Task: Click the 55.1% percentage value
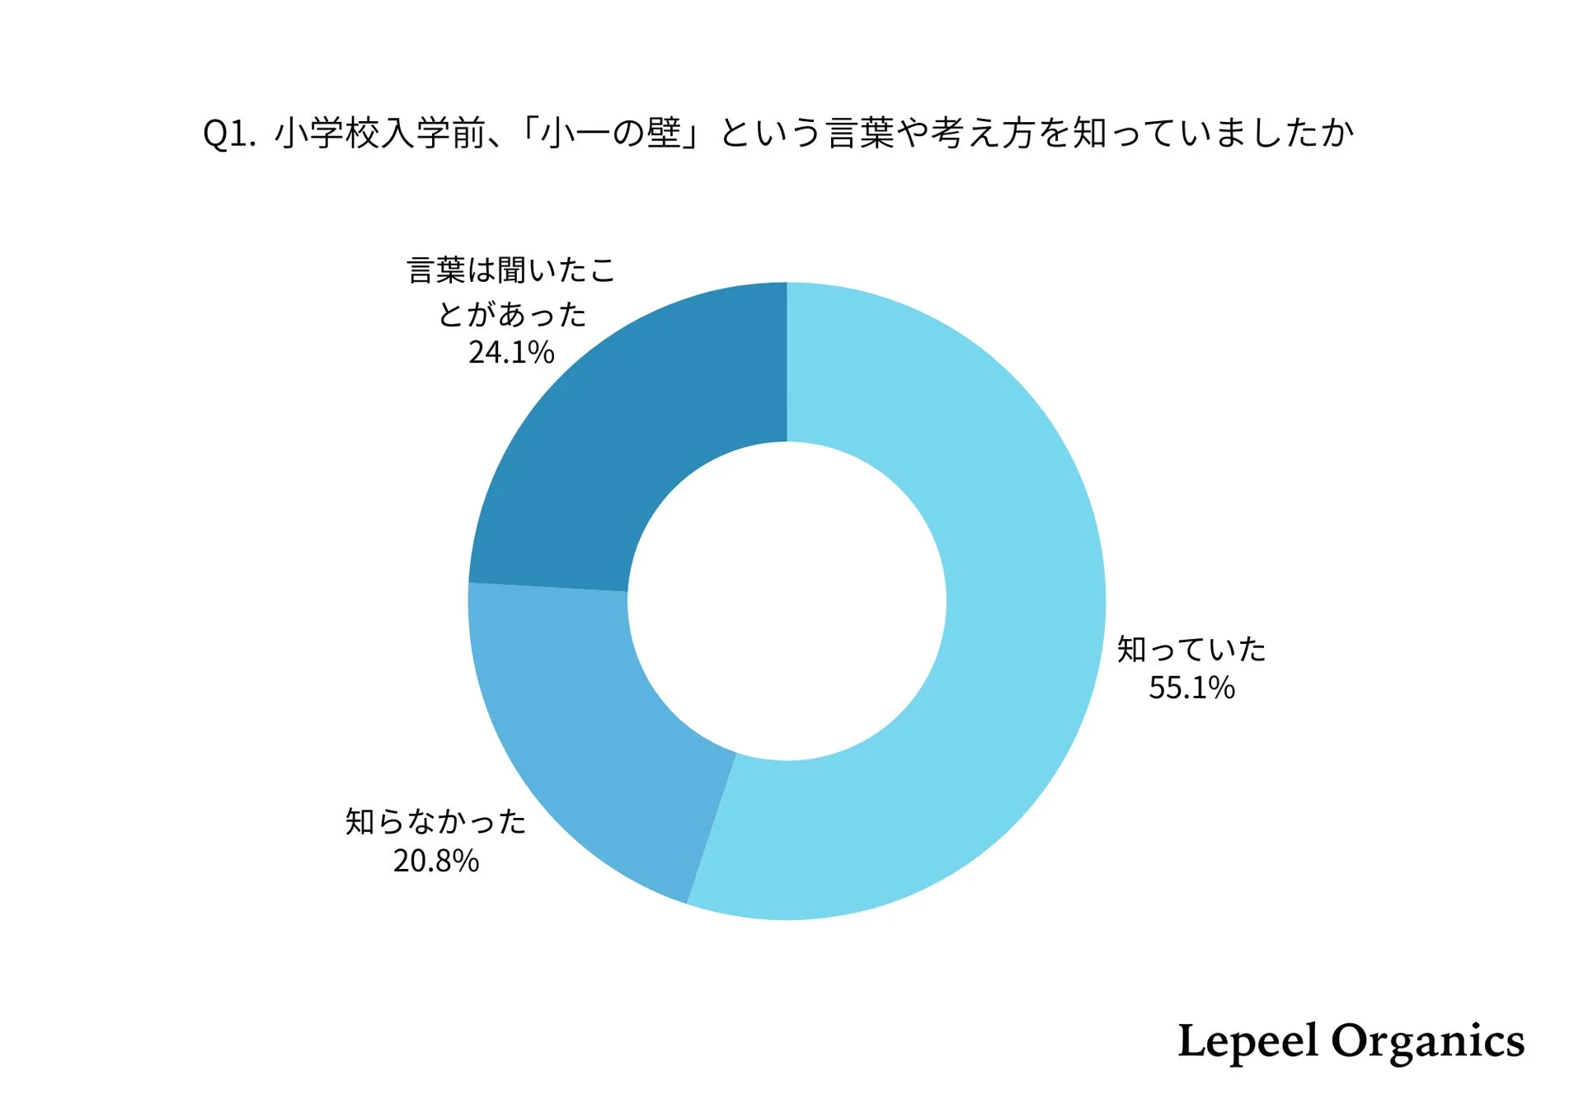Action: [x=1191, y=688]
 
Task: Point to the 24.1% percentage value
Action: [x=511, y=353]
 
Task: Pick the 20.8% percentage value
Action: [x=435, y=861]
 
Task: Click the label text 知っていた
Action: [x=1191, y=650]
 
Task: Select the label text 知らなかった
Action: [x=435, y=822]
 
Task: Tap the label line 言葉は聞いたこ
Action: [x=511, y=270]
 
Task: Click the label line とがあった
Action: [x=511, y=314]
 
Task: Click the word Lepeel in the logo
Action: [x=1247, y=1042]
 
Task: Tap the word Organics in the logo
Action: [x=1427, y=1042]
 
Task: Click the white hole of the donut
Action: [x=787, y=601]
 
